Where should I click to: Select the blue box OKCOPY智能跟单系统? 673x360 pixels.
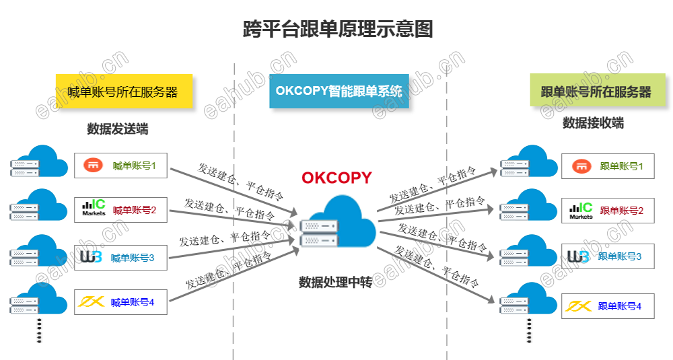[339, 91]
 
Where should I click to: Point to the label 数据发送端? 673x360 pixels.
[118, 129]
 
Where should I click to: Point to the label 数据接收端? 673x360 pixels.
[593, 123]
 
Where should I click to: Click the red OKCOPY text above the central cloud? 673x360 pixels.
[336, 178]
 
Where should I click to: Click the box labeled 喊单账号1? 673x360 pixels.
[120, 166]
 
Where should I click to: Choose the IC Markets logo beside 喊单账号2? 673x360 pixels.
[94, 209]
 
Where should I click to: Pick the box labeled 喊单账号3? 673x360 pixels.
[120, 257]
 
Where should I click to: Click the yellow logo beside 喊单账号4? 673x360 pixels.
[92, 301]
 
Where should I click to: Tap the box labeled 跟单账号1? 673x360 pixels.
[607, 166]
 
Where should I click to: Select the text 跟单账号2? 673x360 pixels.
[621, 211]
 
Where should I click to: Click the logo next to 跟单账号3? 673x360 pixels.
[579, 256]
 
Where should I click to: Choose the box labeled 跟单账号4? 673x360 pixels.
[607, 306]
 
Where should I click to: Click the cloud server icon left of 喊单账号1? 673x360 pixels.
[39, 162]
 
